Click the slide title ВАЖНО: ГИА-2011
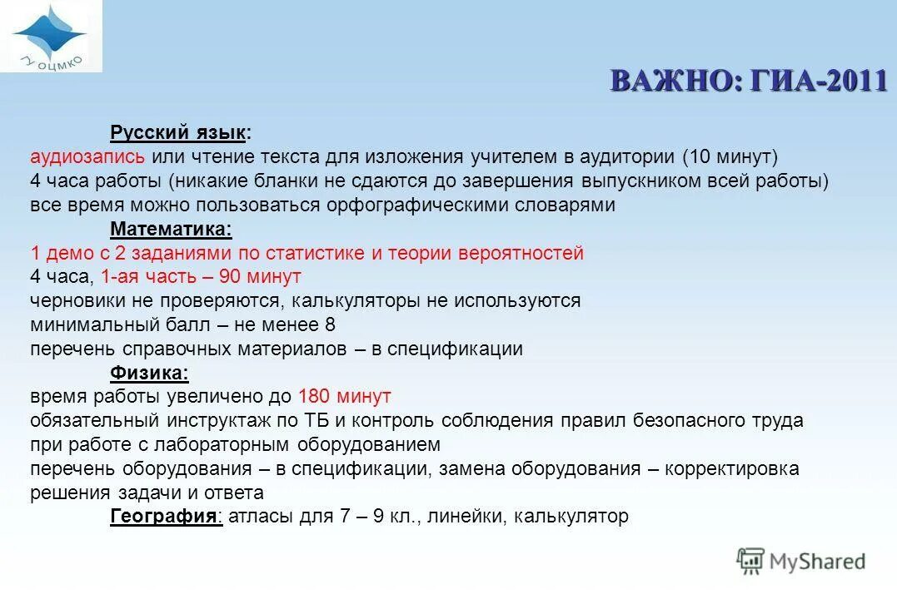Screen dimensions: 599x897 click(x=748, y=81)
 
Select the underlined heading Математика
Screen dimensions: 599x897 click(x=171, y=229)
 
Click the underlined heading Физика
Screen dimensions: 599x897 click(x=150, y=372)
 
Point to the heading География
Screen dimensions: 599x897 click(x=165, y=517)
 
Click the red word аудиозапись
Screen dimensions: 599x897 click(x=87, y=156)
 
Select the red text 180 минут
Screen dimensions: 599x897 click(x=344, y=397)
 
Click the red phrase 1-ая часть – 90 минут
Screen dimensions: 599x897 click(x=201, y=276)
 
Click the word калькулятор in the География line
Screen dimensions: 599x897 click(x=571, y=517)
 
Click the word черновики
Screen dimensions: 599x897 click(x=77, y=300)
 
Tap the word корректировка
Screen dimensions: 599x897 click(x=733, y=468)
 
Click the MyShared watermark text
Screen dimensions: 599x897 click(x=817, y=562)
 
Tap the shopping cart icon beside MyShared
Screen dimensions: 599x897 click(x=750, y=562)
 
